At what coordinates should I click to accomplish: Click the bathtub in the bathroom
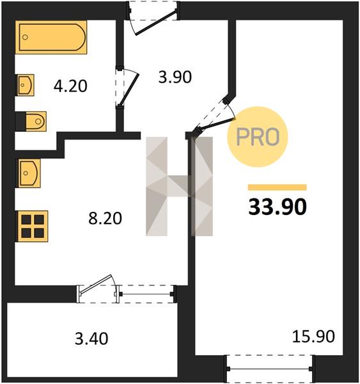click(x=51, y=37)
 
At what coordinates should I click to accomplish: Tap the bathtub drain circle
click(x=25, y=37)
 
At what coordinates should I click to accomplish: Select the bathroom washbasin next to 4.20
click(x=25, y=85)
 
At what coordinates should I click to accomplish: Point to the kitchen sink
click(x=28, y=173)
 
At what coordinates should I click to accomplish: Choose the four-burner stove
click(x=32, y=226)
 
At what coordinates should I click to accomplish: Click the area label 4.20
click(x=70, y=86)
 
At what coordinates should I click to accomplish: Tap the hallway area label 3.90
click(x=175, y=77)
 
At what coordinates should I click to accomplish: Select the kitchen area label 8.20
click(x=105, y=218)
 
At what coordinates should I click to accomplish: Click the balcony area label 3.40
click(x=91, y=339)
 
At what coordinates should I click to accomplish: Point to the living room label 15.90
click(x=313, y=337)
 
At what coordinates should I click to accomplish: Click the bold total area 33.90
click(x=278, y=206)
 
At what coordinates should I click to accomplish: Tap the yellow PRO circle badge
click(x=258, y=137)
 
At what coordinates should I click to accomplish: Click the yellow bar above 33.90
click(x=278, y=188)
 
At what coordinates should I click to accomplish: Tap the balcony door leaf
click(x=96, y=284)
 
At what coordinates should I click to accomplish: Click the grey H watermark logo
click(x=180, y=186)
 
